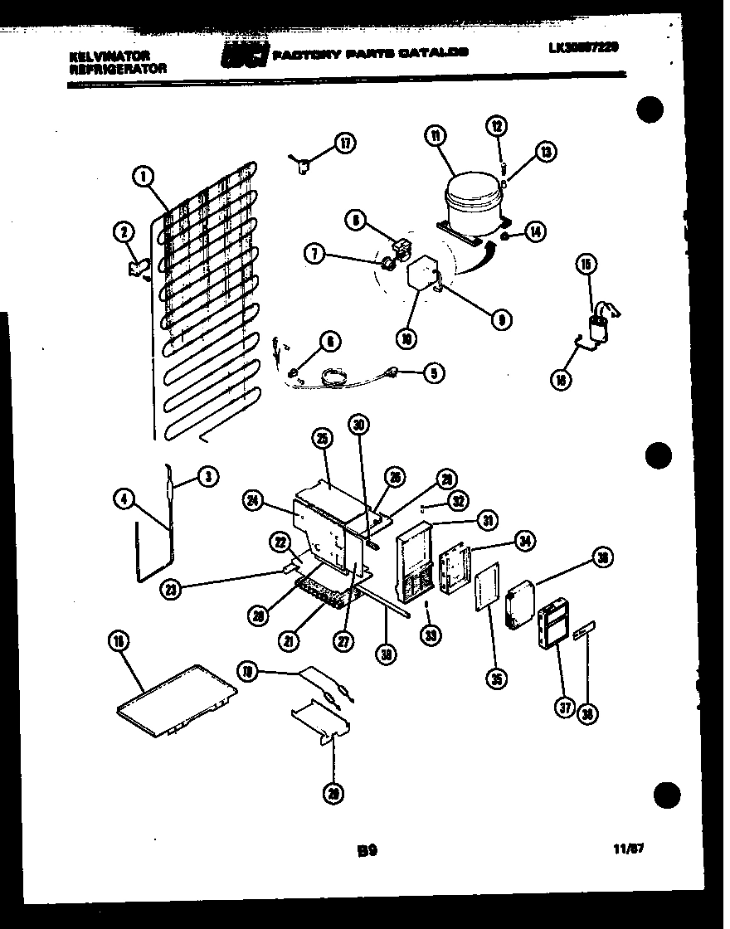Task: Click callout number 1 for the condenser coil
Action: tap(144, 176)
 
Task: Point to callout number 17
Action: tap(345, 143)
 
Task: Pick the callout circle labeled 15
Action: tap(586, 265)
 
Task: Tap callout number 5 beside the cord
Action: tap(433, 373)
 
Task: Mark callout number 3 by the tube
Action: tap(207, 476)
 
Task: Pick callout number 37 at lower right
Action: tap(564, 708)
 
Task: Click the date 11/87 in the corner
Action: tap(631, 849)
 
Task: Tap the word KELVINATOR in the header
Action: tap(98, 56)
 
